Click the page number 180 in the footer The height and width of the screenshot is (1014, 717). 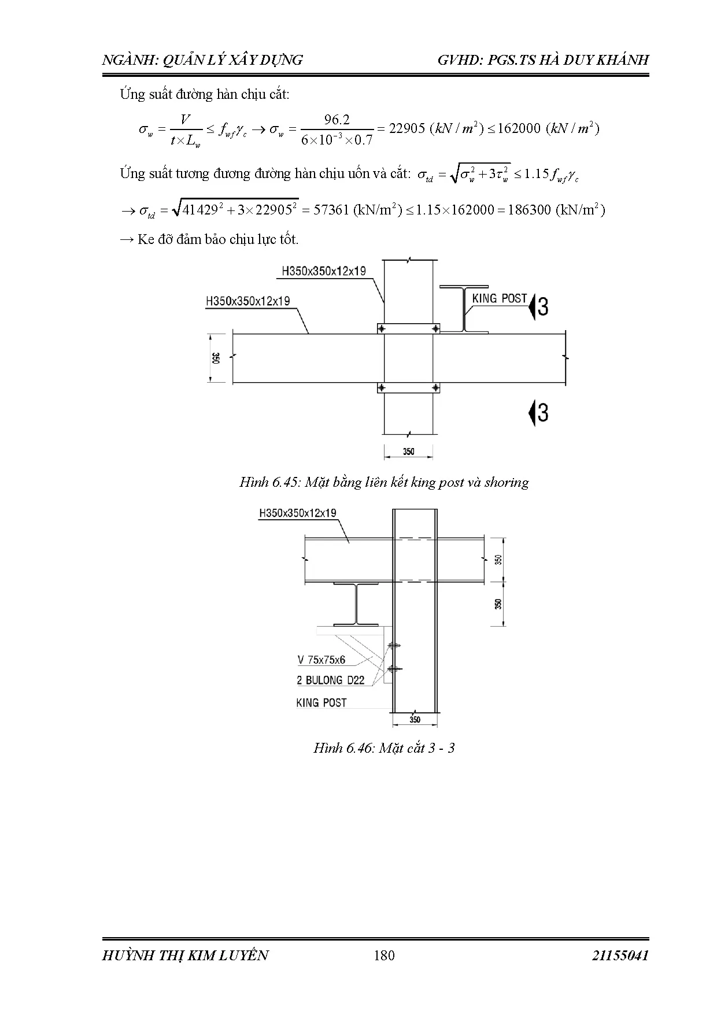tap(384, 955)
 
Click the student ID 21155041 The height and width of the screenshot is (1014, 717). tap(620, 955)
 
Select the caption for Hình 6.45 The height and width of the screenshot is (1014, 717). tap(384, 482)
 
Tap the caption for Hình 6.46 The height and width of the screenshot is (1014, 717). tap(384, 748)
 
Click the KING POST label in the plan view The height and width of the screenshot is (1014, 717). tap(500, 298)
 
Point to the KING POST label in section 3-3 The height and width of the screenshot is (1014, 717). tap(321, 703)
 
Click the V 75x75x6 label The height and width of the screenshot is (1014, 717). tap(321, 660)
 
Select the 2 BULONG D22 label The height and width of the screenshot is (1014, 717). tap(331, 680)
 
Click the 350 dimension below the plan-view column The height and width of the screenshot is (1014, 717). tap(409, 452)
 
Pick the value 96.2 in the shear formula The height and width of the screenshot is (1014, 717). tap(337, 120)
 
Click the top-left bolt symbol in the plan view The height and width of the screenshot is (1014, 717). tap(381, 328)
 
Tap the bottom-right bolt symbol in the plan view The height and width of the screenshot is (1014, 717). tap(435, 387)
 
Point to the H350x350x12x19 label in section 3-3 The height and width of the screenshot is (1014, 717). tap(298, 513)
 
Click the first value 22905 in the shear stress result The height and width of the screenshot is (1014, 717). tap(407, 128)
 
